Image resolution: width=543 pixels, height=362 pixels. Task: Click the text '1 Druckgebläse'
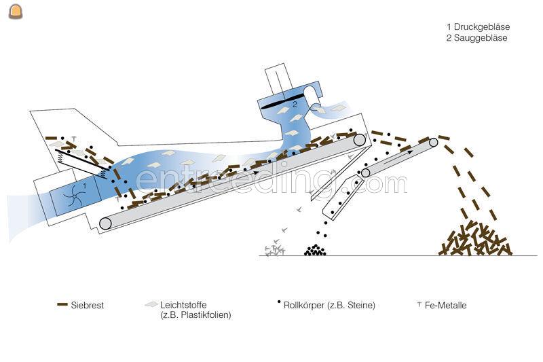[478, 27]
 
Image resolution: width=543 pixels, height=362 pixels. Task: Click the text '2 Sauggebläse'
[476, 38]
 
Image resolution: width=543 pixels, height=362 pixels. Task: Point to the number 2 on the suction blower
[295, 105]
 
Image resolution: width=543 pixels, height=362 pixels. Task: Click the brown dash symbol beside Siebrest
[62, 305]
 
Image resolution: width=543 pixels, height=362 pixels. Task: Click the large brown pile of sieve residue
[475, 240]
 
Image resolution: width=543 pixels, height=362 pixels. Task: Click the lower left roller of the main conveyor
[105, 223]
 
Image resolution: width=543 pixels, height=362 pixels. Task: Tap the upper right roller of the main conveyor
[359, 141]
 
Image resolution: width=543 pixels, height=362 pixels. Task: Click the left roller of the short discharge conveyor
[365, 173]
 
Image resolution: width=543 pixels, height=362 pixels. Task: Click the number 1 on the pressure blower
[85, 184]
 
